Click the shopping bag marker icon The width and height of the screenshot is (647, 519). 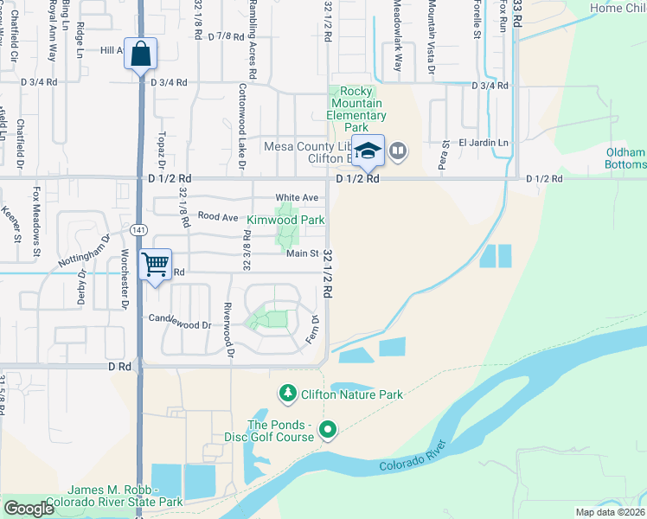coord(140,54)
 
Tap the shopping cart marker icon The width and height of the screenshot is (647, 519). coord(156,263)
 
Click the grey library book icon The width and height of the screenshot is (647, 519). coord(398,151)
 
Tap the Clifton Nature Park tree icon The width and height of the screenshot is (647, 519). coord(287,394)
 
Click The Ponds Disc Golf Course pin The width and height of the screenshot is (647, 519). coord(327,429)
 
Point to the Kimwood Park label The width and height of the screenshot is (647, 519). coord(285,221)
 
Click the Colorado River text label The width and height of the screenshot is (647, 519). coord(412,457)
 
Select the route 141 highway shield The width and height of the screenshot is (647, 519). coord(139,230)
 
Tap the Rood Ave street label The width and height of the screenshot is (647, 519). coord(217,216)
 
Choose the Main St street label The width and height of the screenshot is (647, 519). coord(303,253)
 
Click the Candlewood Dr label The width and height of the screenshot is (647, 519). coord(181,325)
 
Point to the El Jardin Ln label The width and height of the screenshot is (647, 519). coord(484,143)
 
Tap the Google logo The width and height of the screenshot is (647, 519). coord(29,509)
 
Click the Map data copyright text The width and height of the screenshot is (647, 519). coord(610,512)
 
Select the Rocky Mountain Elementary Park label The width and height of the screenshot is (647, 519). coord(356,109)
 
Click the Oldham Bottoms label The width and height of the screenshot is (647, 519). coord(626,158)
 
